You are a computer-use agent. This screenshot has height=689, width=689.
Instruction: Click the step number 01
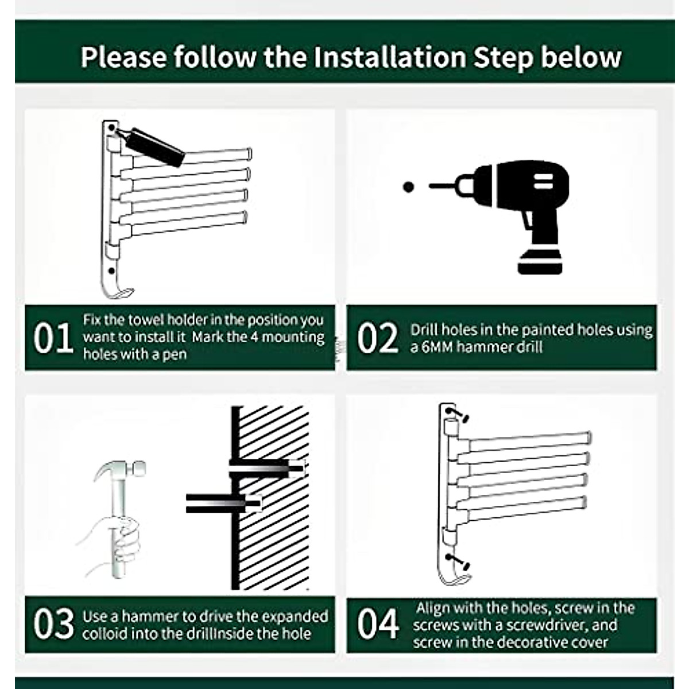tap(53, 338)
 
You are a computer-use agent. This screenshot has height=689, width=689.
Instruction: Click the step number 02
tap(377, 338)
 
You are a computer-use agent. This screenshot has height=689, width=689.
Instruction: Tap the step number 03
tap(53, 624)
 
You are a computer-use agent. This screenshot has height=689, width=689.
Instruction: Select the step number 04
tap(378, 624)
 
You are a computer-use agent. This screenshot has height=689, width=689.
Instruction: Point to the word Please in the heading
tap(123, 57)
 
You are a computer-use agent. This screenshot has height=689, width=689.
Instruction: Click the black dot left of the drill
tap(408, 187)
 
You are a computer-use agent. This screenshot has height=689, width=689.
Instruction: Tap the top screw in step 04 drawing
tap(457, 415)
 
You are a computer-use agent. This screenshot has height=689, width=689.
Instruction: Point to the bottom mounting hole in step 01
tap(111, 270)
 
